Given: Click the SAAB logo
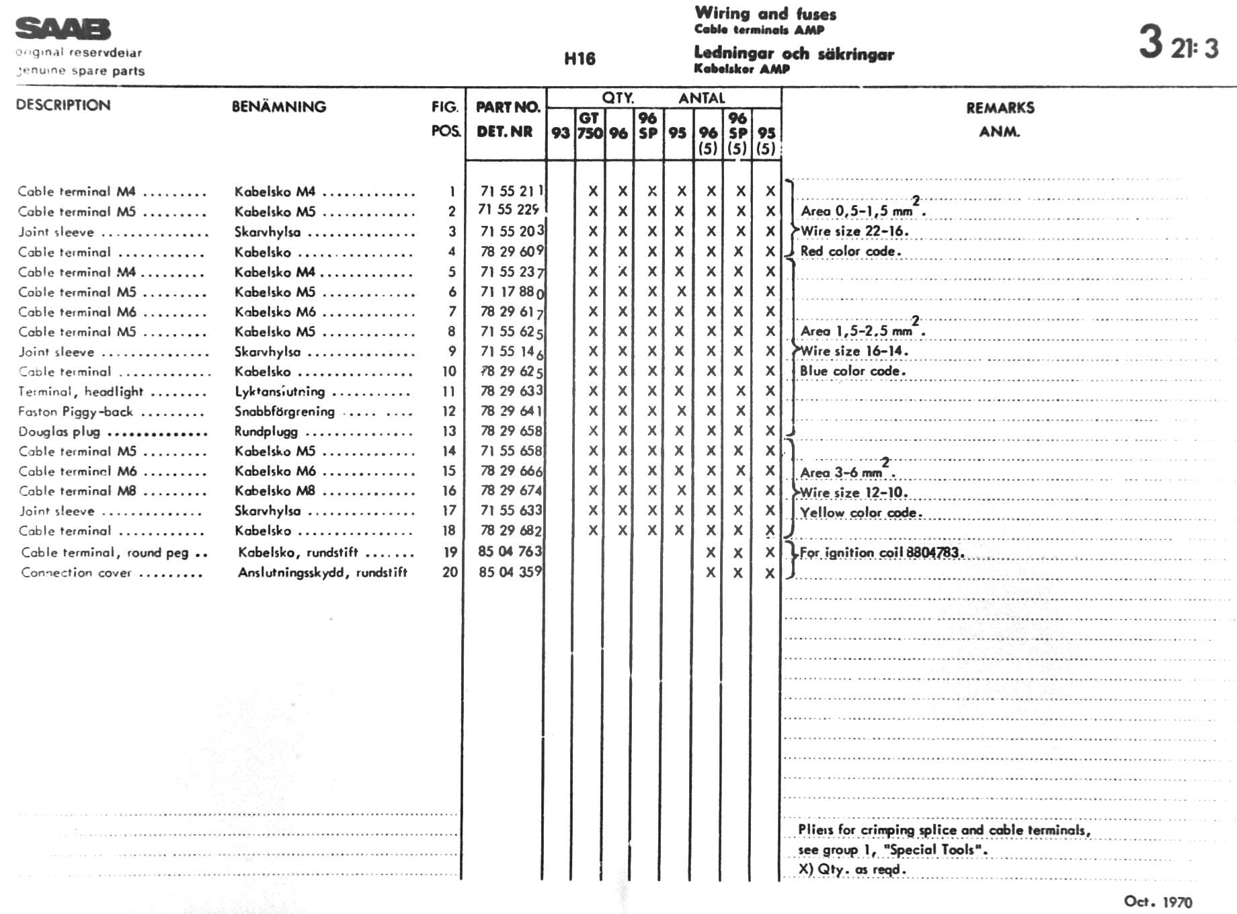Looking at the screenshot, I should (63, 29).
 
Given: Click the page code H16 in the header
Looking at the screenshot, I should (580, 59).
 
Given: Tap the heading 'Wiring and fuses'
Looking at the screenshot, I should (765, 13).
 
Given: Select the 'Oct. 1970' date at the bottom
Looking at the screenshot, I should (1158, 901).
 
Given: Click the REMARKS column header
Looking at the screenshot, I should (1000, 108).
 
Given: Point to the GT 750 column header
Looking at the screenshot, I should (590, 126).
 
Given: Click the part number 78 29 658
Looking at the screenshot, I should (511, 431).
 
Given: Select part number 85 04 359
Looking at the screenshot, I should (510, 572).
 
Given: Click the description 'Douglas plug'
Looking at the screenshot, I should (59, 431).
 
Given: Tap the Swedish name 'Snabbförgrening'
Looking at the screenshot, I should (284, 411).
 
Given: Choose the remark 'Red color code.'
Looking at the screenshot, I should (850, 251).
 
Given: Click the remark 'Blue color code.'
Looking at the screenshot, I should (852, 371).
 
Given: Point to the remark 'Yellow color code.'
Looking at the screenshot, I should (861, 513).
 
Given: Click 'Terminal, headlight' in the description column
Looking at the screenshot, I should (81, 392).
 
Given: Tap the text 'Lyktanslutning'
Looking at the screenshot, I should (280, 392).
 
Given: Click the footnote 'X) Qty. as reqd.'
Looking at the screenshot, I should (852, 869).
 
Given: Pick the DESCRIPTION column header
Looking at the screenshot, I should (63, 105).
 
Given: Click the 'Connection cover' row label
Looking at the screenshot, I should (76, 573).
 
